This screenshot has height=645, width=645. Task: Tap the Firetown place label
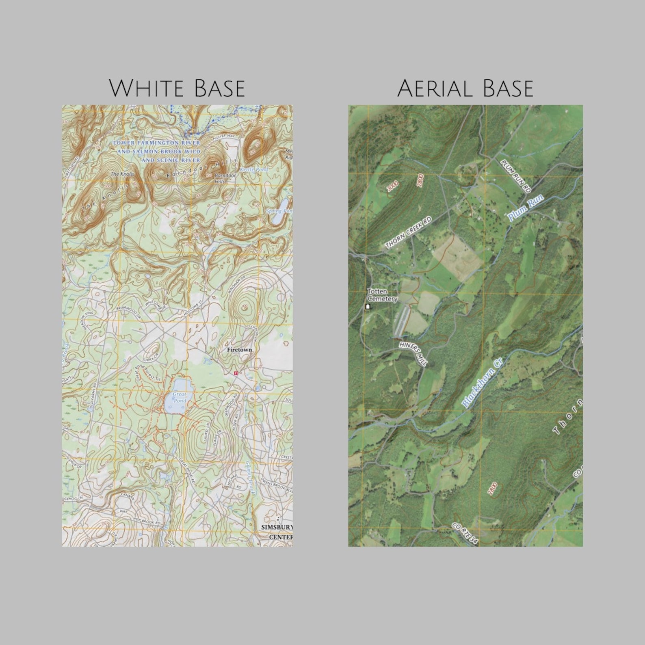click(239, 349)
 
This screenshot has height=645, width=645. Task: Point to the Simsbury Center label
click(278, 532)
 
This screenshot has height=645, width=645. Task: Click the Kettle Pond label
click(254, 169)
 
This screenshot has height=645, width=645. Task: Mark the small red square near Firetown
click(235, 373)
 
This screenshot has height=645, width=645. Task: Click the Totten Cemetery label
click(382, 295)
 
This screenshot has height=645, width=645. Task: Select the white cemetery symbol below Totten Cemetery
click(368, 306)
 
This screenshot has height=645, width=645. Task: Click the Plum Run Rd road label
click(516, 176)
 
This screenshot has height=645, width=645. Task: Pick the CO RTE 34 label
click(465, 534)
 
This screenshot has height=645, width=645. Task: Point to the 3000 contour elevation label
click(392, 186)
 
